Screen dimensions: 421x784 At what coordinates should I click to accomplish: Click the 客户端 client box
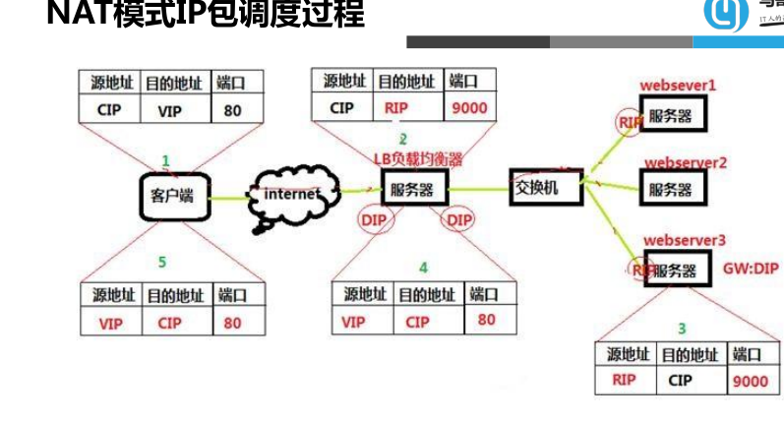(173, 196)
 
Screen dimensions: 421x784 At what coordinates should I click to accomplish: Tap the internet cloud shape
(292, 194)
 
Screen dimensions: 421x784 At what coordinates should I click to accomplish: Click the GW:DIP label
(751, 266)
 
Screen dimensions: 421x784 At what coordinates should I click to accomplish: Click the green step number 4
(422, 266)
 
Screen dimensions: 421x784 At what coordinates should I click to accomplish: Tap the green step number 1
(165, 159)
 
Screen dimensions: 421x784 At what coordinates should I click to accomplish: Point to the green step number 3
(681, 327)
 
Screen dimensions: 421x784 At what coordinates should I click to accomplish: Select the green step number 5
(162, 262)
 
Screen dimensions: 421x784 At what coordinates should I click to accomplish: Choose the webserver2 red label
(685, 160)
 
